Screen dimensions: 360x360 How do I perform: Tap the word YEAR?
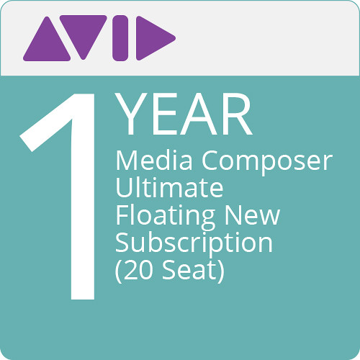(184, 114)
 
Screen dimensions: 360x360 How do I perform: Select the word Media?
(154, 161)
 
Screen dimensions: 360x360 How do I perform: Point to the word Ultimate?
(169, 188)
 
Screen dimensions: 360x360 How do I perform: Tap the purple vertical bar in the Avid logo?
(120, 38)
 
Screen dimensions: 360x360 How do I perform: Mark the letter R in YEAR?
(237, 114)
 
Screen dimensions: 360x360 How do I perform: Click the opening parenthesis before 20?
(119, 271)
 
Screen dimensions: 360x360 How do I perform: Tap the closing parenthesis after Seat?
(221, 271)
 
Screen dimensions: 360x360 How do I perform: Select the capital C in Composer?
(210, 161)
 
